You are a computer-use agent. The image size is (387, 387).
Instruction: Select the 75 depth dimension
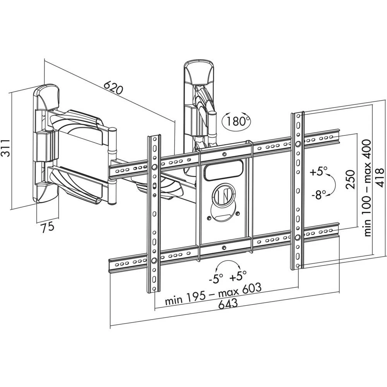[x=48, y=228]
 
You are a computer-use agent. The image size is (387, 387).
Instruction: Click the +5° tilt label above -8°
[x=319, y=171]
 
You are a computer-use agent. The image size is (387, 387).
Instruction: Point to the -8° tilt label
[x=319, y=195]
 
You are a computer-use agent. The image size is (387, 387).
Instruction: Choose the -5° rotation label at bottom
[x=216, y=277]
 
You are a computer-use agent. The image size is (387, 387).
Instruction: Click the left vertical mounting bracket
[x=154, y=213]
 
